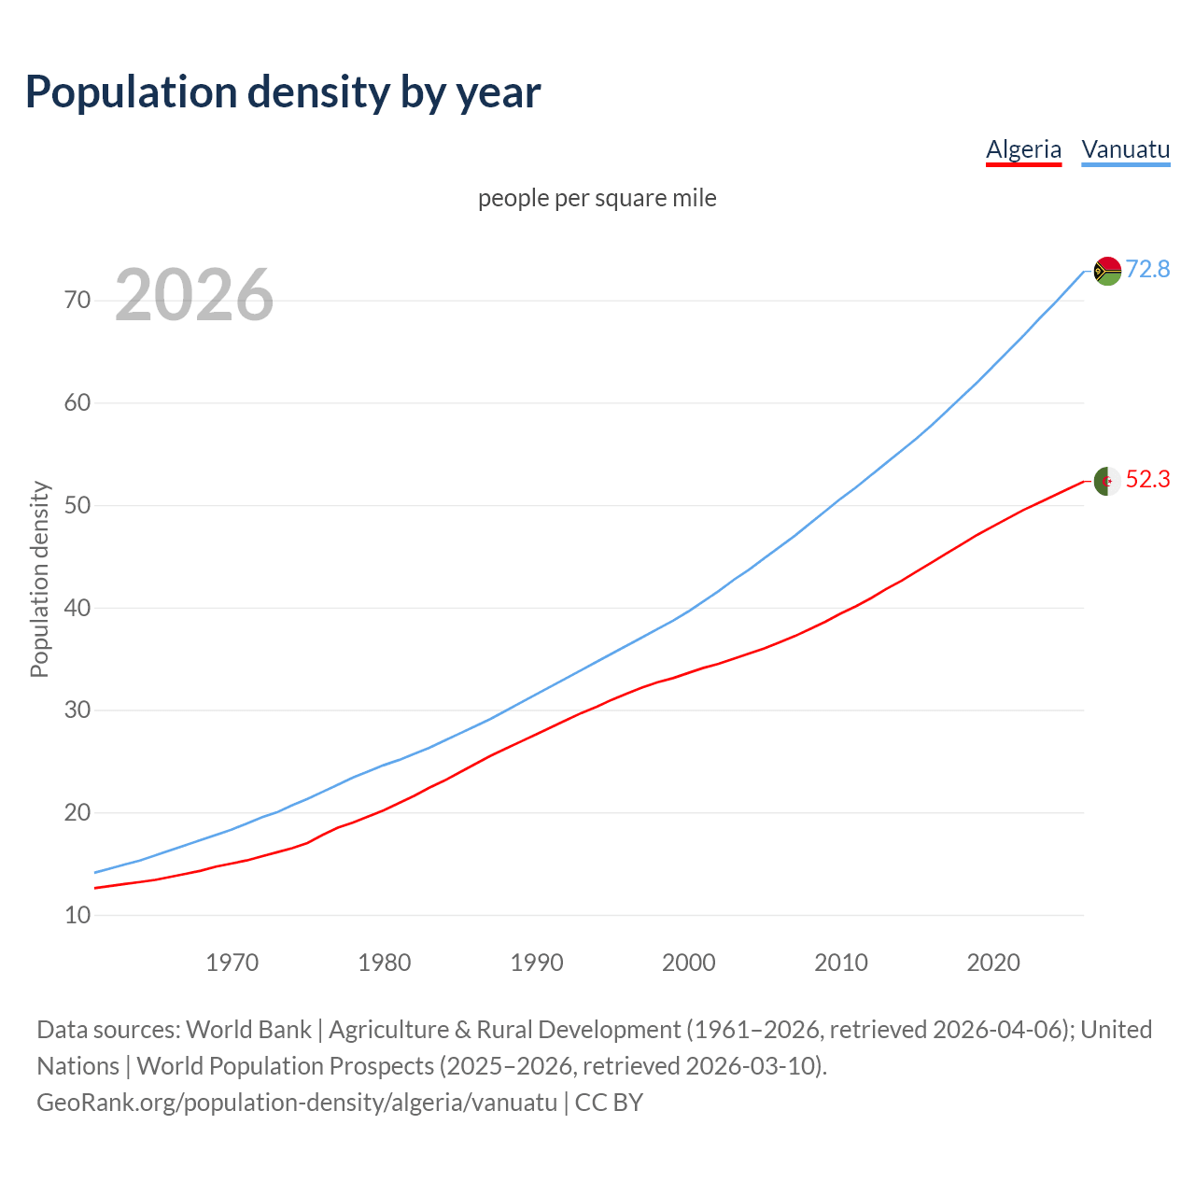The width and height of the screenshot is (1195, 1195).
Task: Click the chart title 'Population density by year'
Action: [283, 92]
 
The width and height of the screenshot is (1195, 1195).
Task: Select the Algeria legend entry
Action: [1023, 149]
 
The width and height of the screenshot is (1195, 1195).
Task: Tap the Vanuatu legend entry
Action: [1125, 149]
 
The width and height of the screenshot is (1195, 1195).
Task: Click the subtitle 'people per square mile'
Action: [597, 198]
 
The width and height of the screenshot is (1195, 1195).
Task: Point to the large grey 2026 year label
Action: [194, 295]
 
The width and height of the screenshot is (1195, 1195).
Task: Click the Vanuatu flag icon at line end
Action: [1107, 271]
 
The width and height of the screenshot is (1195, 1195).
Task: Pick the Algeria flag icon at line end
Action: [1107, 481]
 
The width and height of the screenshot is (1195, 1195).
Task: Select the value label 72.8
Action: [1147, 269]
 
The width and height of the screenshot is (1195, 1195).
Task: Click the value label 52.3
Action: [1147, 479]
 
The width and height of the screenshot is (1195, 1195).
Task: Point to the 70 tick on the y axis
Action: [77, 300]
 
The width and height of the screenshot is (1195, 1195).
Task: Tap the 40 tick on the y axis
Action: [77, 608]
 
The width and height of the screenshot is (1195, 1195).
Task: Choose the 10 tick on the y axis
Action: [77, 915]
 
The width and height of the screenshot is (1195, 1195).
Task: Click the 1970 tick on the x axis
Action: [232, 963]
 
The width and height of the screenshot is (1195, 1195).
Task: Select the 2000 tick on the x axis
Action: [688, 963]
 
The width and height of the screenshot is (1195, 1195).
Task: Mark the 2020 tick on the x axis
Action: [992, 963]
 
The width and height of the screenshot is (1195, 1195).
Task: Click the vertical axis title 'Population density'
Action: [39, 579]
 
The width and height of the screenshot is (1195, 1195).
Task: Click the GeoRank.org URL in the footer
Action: [297, 1102]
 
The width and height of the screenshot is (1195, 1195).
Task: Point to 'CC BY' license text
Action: [609, 1102]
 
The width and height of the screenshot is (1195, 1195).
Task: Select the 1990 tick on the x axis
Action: [536, 963]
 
